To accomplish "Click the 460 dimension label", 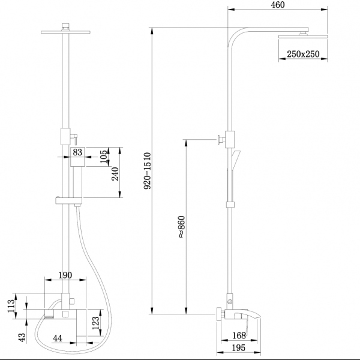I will coord(277,5).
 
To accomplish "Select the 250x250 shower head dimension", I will coord(302,54).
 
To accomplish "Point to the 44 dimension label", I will coord(58,339).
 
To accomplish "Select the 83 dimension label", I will coord(77,152).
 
